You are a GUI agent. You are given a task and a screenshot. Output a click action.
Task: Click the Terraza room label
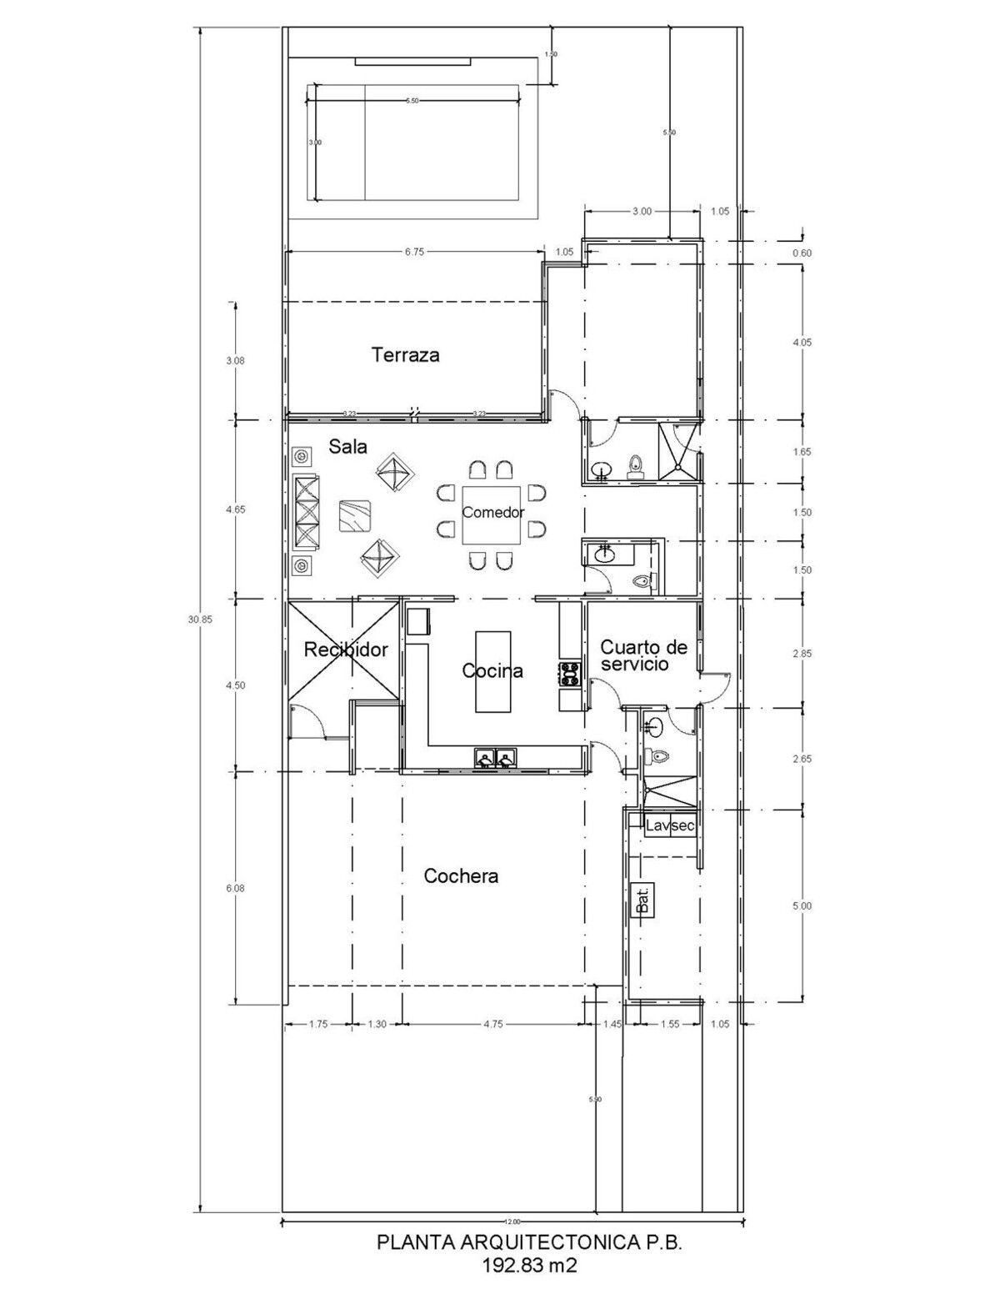point(406,355)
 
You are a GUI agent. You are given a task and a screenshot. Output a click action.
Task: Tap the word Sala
point(347,447)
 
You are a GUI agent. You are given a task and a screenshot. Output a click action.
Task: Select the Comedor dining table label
point(493,512)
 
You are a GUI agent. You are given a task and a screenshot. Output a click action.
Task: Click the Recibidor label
point(345,650)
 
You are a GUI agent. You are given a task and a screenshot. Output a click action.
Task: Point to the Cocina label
point(492,670)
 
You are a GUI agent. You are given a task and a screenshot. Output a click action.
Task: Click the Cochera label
point(461,876)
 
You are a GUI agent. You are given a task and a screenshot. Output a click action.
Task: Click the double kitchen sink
point(496,758)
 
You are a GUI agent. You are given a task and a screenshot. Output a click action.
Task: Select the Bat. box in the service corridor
point(642,900)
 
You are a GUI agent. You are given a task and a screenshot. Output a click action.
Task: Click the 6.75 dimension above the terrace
point(414,251)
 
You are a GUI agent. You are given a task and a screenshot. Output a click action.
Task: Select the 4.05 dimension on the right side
point(802,343)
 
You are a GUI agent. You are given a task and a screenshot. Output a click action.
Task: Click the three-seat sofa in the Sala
point(306,510)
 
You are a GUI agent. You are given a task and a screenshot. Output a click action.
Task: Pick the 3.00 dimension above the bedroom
point(642,212)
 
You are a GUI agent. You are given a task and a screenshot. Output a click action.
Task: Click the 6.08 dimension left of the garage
point(236,889)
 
